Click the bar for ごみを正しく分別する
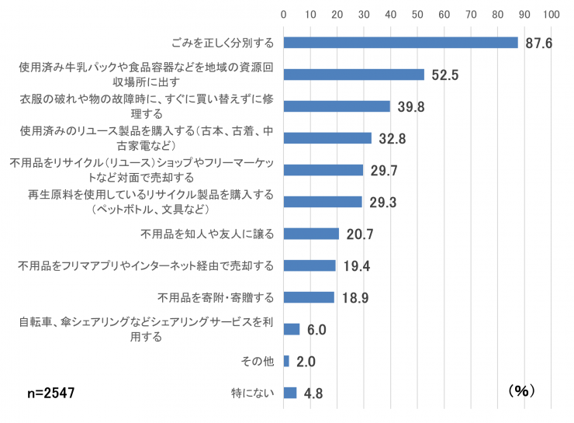tap(400, 43)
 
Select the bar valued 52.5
tap(354, 75)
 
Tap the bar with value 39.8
tap(337, 106)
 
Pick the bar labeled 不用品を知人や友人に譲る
tap(311, 234)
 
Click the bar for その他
tap(286, 361)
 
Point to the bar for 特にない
tap(290, 393)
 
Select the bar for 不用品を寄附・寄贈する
tap(309, 297)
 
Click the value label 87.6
tap(538, 43)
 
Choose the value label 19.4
tap(356, 266)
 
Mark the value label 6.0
tap(316, 330)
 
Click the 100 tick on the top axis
tap(552, 14)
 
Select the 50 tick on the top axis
tap(417, 14)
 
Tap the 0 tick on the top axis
tap(284, 14)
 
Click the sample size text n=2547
tap(51, 394)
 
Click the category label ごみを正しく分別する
tap(222, 43)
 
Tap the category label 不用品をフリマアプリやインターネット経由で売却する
tap(146, 266)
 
